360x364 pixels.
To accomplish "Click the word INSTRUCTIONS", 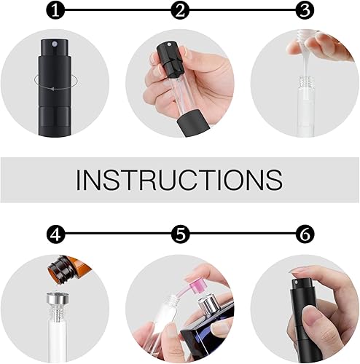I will (x=179, y=179).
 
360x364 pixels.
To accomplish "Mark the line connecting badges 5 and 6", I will (x=242, y=235).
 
